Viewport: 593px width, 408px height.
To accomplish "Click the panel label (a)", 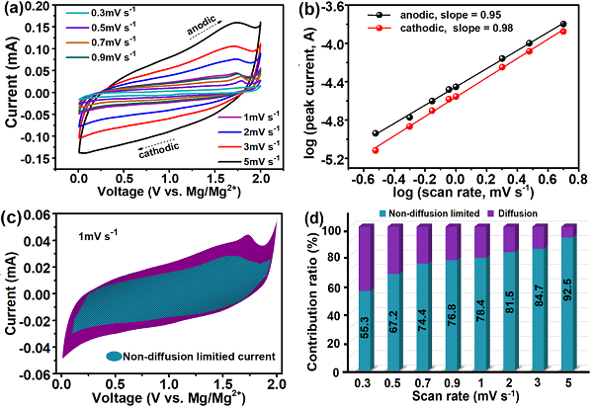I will click(16, 10).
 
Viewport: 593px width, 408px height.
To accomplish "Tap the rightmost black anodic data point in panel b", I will click(563, 24).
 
